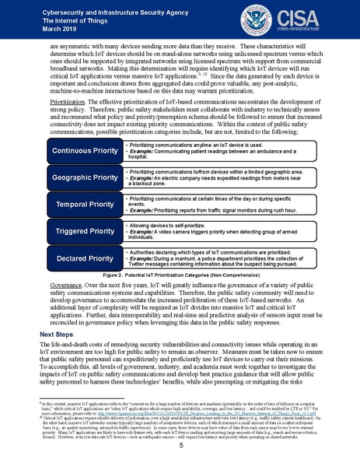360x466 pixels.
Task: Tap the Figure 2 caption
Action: (x=180, y=275)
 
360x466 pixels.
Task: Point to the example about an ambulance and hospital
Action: (x=214, y=152)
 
